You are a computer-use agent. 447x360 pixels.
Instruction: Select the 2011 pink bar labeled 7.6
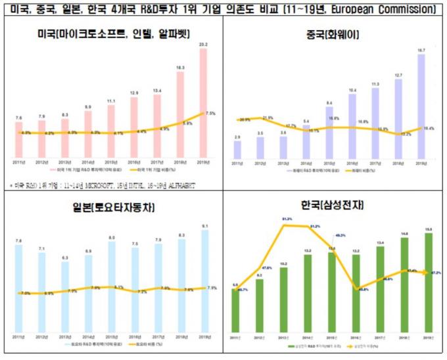(19, 141)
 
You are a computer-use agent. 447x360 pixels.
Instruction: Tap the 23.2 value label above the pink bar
(203, 45)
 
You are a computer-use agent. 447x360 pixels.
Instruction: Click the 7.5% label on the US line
(210, 113)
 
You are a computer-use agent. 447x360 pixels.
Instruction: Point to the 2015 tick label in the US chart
(111, 162)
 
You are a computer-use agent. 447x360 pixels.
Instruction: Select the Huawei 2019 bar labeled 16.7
(421, 106)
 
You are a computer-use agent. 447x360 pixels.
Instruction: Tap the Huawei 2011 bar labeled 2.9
(237, 150)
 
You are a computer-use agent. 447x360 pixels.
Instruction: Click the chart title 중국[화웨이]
(334, 34)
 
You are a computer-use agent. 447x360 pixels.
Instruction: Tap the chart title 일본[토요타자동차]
(110, 208)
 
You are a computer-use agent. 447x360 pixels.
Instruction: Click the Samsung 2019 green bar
(428, 282)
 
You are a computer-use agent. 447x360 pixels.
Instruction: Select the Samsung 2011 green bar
(236, 309)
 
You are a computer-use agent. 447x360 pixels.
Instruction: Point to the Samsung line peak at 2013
(284, 226)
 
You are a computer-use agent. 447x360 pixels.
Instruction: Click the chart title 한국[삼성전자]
(334, 206)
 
